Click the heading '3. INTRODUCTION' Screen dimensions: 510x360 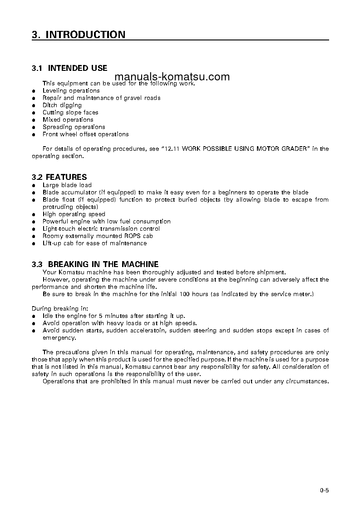pos(79,35)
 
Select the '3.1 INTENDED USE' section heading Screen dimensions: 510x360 pos(69,68)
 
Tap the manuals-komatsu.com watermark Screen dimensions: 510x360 pos(172,77)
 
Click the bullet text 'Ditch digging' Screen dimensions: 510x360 pos(62,105)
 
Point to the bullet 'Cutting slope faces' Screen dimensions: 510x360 pos(70,113)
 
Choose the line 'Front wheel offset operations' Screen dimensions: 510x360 pos(85,134)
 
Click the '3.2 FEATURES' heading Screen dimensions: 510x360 pos(59,177)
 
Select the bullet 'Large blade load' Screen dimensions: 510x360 pos(67,185)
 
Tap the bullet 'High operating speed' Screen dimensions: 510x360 pos(74,214)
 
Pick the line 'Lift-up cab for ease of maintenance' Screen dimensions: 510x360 pos(94,243)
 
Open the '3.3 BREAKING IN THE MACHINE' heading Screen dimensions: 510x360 pos(95,264)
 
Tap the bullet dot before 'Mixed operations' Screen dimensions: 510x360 pos(34,120)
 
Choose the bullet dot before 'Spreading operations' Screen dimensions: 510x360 pos(34,128)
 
